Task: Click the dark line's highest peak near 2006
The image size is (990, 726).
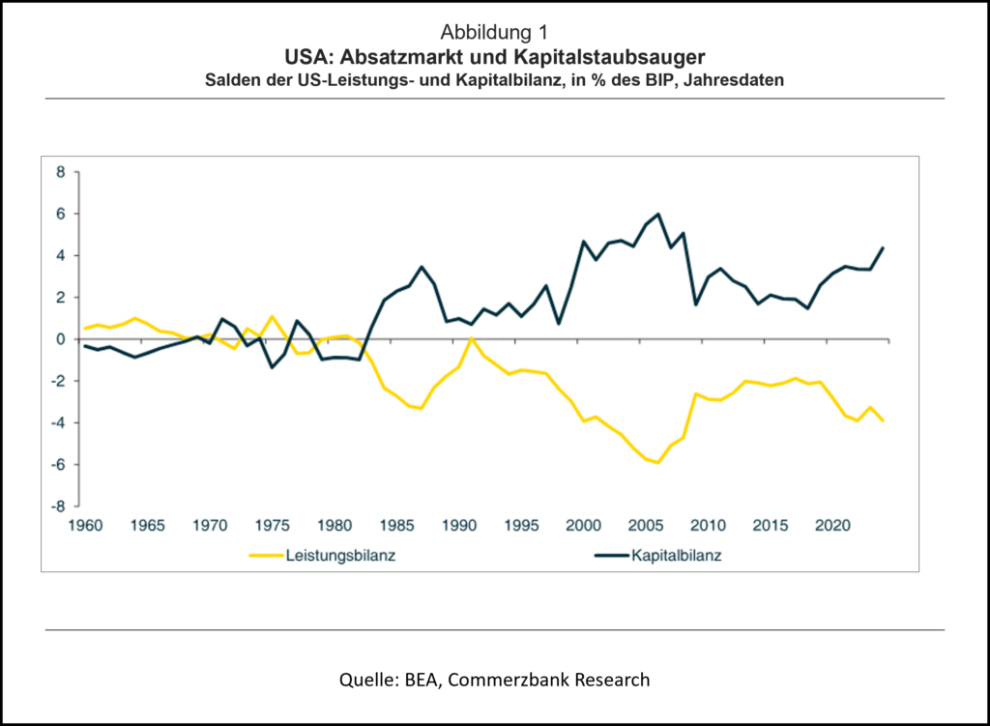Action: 658,214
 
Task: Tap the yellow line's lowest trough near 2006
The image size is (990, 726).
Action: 658,463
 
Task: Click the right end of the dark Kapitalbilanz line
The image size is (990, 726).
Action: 884,247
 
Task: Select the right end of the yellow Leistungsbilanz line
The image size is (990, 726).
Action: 884,421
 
